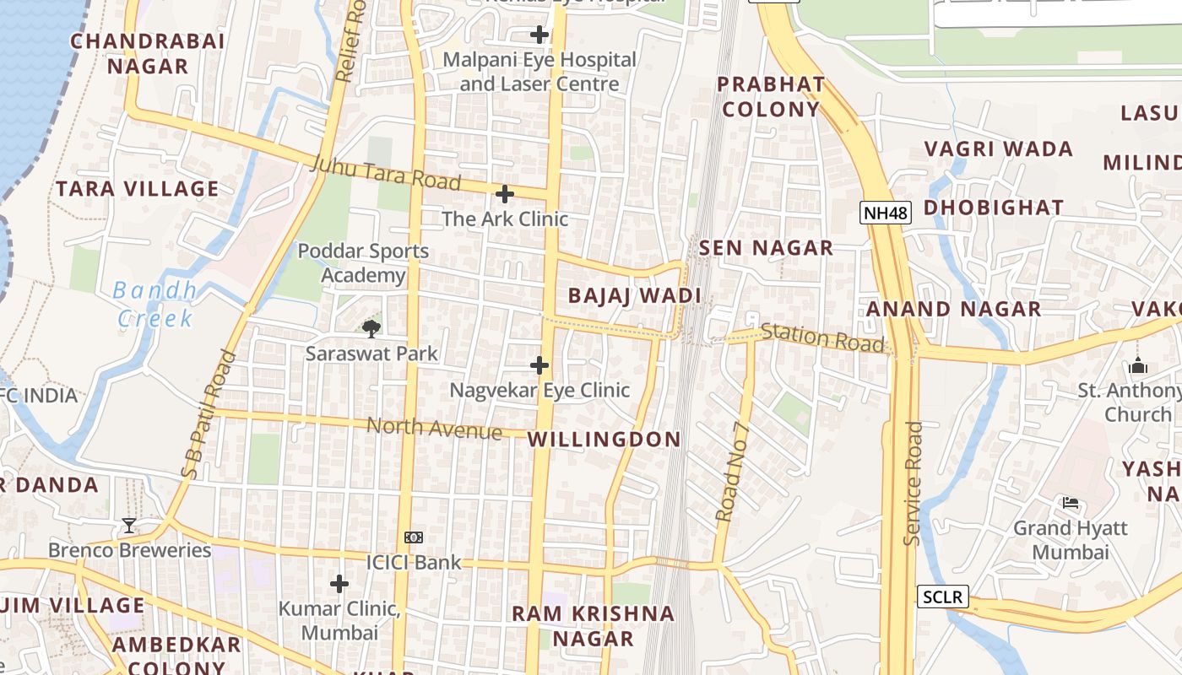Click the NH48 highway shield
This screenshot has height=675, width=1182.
[886, 213]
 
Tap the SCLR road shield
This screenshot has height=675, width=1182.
[941, 597]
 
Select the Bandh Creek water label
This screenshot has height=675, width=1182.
[155, 305]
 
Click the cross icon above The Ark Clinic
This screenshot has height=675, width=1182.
[504, 194]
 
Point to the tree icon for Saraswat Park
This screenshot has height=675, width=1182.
[371, 328]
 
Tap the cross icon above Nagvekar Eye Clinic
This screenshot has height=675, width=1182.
[539, 365]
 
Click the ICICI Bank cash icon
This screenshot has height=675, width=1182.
[413, 537]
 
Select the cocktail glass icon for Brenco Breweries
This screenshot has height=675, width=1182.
[128, 526]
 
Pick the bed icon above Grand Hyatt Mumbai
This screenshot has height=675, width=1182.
[1071, 504]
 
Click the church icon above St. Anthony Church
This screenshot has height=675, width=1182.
[1137, 366]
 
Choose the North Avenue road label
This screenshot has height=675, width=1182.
[434, 429]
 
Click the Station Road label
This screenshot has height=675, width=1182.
[822, 337]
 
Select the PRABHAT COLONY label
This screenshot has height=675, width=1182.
[770, 96]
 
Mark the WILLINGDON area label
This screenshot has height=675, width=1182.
[604, 439]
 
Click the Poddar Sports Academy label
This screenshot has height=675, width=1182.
[363, 263]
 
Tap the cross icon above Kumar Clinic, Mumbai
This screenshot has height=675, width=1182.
[339, 584]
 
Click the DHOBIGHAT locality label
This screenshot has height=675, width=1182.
[993, 208]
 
